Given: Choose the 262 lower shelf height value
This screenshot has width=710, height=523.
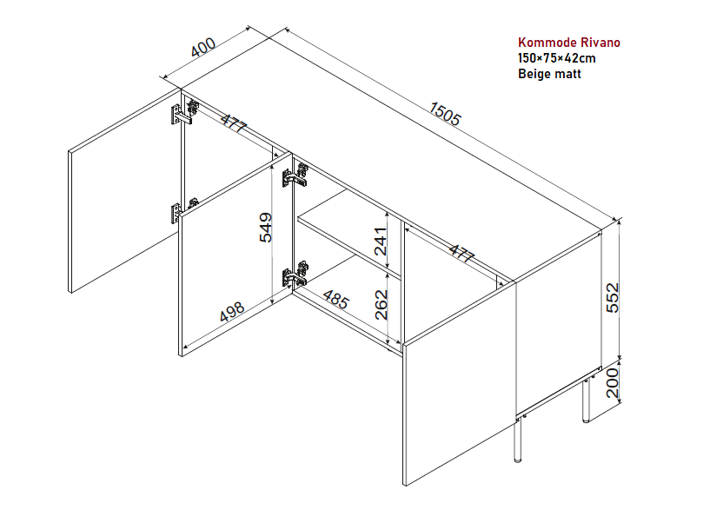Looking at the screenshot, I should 381,304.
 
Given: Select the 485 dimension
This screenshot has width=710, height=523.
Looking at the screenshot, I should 335,300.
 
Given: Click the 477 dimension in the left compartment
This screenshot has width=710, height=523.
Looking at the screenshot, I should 233,123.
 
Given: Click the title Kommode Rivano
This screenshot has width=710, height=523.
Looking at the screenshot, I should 568,42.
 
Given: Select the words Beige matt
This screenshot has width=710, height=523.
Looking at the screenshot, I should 549,74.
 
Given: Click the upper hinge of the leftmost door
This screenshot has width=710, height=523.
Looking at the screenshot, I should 183,111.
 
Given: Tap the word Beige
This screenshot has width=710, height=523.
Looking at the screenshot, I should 534,74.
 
